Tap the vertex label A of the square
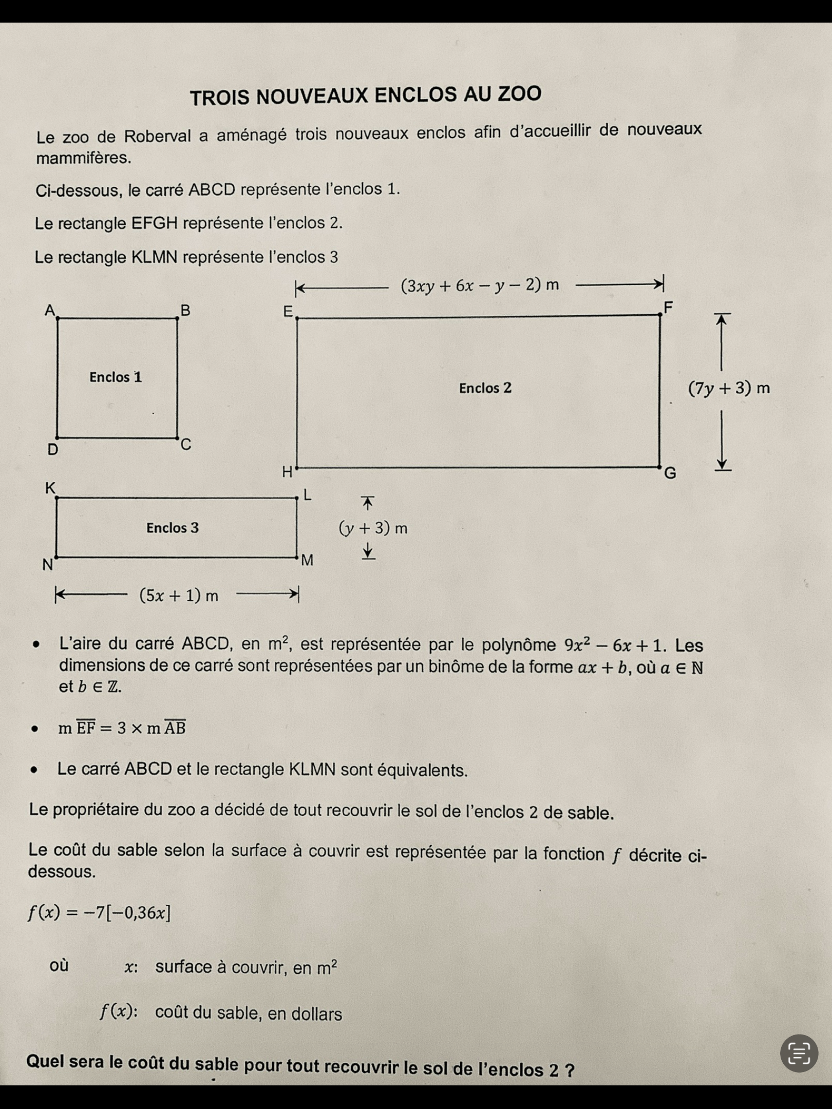coord(49,310)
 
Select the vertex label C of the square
coord(186,444)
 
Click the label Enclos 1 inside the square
coord(116,377)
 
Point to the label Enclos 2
coord(485,388)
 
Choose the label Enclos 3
coord(173,528)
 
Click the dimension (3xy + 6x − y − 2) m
coord(480,285)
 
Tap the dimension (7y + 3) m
coord(729,388)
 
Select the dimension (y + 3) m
coord(373,528)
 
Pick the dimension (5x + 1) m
coord(179,596)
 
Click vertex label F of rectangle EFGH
coord(668,307)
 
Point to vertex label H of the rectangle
coord(287,471)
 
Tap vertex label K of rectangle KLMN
coord(50,487)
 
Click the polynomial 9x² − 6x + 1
coord(614,645)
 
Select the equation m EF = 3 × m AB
coord(122,728)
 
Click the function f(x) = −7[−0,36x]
coord(99,912)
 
